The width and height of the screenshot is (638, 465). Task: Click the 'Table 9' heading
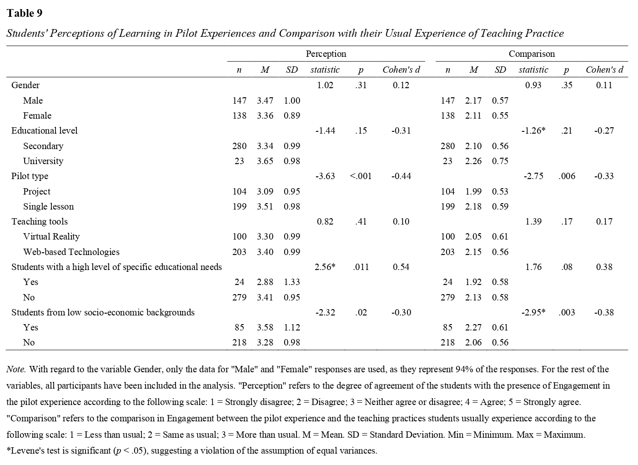(x=25, y=13)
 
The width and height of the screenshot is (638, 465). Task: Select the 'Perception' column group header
(x=326, y=54)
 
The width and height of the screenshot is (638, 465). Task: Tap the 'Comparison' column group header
(x=532, y=54)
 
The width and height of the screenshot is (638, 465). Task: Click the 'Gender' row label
(x=25, y=85)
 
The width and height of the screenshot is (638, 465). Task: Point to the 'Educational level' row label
(x=45, y=130)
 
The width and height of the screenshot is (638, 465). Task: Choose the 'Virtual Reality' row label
(x=51, y=236)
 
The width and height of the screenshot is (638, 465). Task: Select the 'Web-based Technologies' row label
(x=71, y=252)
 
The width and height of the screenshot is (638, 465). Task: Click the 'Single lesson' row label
(x=48, y=206)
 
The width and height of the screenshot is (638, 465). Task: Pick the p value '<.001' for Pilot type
(x=361, y=176)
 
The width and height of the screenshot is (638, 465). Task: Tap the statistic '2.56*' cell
(x=325, y=267)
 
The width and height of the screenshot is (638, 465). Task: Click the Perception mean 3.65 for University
(x=265, y=161)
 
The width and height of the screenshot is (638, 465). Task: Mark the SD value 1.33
(x=292, y=282)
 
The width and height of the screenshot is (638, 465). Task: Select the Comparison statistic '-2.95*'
(x=533, y=312)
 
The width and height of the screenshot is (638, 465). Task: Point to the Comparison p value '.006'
(x=567, y=176)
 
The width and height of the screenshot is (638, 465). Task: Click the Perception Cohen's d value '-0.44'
(x=401, y=176)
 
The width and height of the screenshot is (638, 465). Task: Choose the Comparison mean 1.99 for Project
(x=473, y=191)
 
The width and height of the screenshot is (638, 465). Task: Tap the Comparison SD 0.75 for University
(x=500, y=161)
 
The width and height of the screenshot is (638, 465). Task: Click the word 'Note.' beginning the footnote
(x=16, y=369)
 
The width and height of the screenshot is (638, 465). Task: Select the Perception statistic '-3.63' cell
(x=325, y=176)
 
